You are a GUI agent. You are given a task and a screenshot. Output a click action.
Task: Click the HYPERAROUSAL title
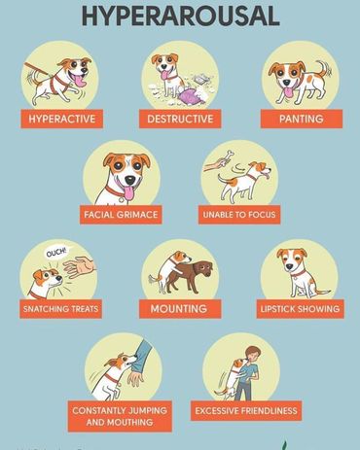(x=180, y=16)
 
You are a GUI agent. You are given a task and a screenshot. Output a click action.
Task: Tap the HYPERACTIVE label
(x=62, y=119)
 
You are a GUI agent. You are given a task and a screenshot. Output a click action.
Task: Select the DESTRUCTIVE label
(x=180, y=119)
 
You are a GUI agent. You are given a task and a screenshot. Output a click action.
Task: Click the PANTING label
(x=302, y=119)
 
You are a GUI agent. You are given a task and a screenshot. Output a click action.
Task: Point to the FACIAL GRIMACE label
(x=121, y=215)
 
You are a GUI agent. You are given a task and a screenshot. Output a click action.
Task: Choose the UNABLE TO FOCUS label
(x=239, y=215)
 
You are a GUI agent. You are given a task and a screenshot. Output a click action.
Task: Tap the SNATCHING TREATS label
(x=60, y=309)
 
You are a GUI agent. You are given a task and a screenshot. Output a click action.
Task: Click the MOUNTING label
(x=180, y=309)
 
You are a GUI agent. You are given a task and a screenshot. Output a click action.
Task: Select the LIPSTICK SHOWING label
(x=301, y=309)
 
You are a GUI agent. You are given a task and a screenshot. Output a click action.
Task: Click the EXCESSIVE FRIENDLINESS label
(x=246, y=411)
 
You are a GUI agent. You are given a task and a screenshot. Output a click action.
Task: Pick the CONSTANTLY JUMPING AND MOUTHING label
(x=120, y=416)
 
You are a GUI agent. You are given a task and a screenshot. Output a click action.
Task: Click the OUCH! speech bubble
(x=57, y=253)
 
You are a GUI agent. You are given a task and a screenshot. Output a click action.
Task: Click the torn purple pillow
(x=191, y=97)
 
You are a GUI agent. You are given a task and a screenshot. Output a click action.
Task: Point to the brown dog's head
(x=202, y=268)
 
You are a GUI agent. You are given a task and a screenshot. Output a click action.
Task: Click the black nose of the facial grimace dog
(x=130, y=180)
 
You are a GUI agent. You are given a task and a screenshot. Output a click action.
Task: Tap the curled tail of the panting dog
(x=324, y=68)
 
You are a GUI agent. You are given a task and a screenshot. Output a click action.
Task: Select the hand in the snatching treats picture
(x=79, y=266)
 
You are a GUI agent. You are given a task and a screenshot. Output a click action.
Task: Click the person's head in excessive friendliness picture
(x=251, y=354)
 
